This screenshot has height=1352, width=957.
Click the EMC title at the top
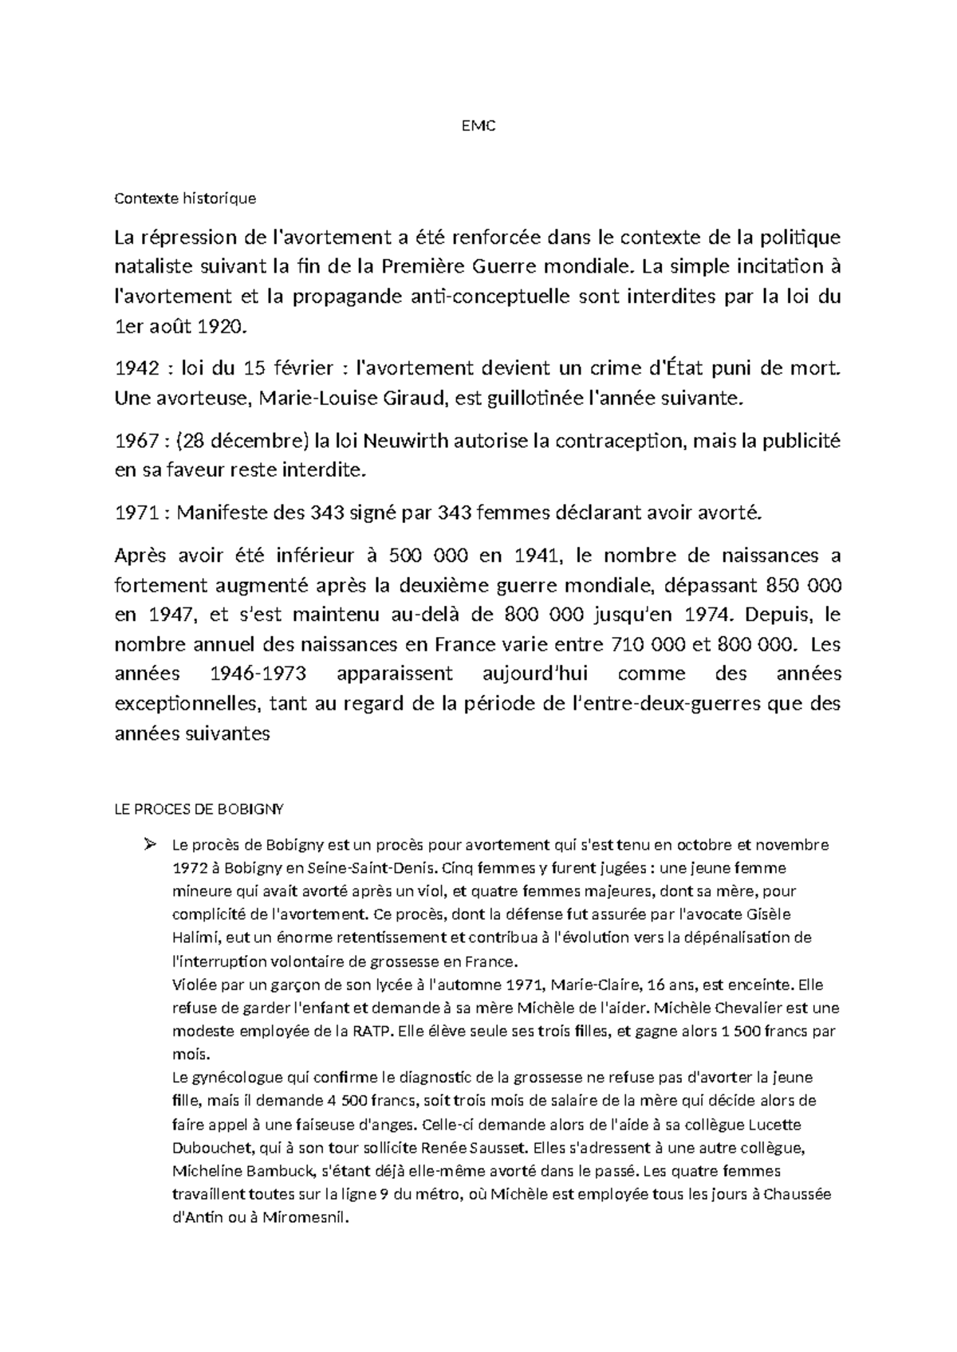tap(478, 127)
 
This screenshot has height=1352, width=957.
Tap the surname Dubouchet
tap(210, 1148)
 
